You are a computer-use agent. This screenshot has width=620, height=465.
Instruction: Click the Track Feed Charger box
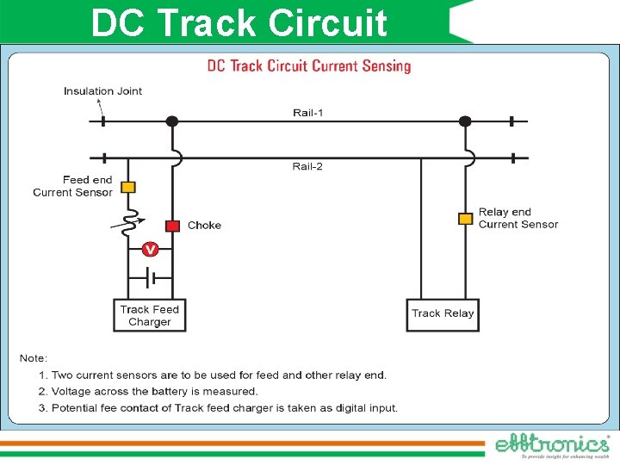pos(150,315)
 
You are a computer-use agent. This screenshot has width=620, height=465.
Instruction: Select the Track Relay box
pos(443,313)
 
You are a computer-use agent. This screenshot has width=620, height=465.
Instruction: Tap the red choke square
pos(172,226)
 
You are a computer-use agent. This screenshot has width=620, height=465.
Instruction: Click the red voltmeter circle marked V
pos(150,250)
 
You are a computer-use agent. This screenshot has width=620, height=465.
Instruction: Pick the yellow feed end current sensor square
pos(127,187)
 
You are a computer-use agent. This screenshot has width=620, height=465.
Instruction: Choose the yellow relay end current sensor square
pos(465,219)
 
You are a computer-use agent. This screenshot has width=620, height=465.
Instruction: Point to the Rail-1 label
pos(308,113)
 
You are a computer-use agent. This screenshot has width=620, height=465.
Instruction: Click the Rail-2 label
pos(307,166)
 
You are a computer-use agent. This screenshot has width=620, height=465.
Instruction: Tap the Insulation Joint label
pos(102,91)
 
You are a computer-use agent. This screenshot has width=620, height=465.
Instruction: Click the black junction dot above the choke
pos(172,121)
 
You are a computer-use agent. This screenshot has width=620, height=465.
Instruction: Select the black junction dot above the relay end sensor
pos(465,121)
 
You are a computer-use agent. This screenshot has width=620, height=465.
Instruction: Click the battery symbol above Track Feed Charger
pos(150,278)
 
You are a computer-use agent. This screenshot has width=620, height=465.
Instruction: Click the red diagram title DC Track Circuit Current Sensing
pos(309,66)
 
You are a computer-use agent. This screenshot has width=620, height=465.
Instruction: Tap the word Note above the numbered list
pos(34,358)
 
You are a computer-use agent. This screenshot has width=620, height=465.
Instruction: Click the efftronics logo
pos(552,444)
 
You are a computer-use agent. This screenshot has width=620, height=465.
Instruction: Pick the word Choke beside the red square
pos(204,226)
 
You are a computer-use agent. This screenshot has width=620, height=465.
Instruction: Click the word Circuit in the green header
pos(327,23)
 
